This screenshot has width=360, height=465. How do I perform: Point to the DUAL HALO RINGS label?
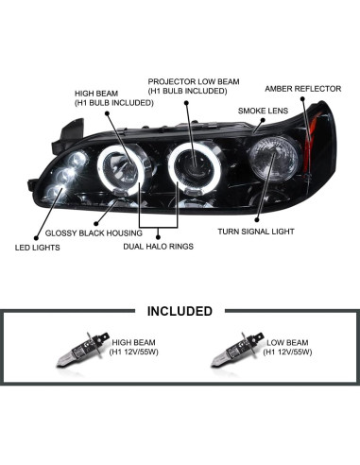[159, 245]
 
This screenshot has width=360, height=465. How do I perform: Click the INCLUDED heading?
[179, 310]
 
